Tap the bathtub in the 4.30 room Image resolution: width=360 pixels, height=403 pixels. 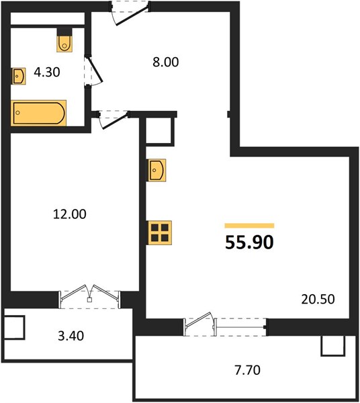tap(38, 113)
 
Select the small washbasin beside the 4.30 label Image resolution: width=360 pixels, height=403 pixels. tap(19, 76)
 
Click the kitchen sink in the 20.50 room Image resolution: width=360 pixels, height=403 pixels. tap(156, 170)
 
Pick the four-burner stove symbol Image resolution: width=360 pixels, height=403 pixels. tap(159, 232)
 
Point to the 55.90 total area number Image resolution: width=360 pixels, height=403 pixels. tap(249, 242)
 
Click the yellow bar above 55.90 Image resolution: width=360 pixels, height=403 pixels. tap(249, 226)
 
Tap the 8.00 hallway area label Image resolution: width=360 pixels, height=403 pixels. tap(166, 62)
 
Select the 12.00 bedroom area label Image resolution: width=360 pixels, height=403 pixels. tap(70, 214)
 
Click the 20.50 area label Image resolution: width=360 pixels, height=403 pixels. tap(318, 300)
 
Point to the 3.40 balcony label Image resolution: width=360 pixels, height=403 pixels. tap(71, 336)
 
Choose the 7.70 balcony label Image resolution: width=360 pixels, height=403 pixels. tap(247, 370)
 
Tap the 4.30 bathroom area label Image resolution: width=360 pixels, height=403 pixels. tap(47, 73)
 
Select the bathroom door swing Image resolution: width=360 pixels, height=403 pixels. tap(93, 71)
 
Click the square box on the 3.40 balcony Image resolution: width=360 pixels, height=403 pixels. tap(15, 328)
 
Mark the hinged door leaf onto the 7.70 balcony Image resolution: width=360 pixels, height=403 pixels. tap(199, 320)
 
